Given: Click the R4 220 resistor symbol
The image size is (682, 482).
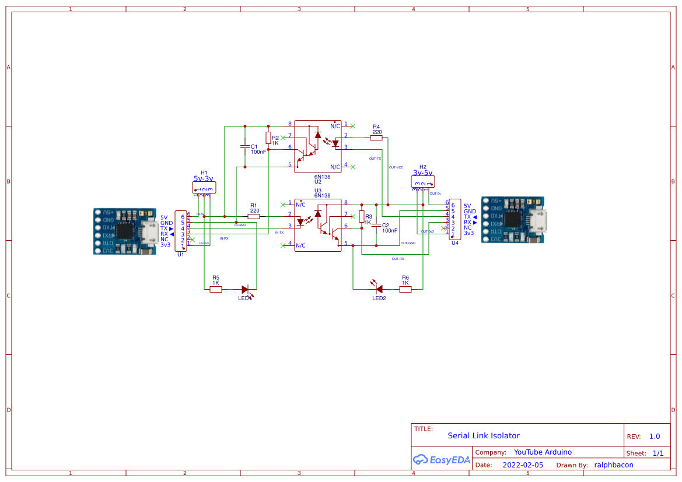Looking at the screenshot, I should (376, 138).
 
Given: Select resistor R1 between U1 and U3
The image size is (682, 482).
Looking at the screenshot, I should (254, 216).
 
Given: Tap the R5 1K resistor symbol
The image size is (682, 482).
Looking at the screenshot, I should (216, 289).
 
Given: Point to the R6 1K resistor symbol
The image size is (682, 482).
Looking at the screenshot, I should (405, 289).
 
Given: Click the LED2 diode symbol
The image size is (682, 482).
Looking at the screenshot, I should (378, 288).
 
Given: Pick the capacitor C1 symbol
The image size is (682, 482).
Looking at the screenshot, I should (245, 146).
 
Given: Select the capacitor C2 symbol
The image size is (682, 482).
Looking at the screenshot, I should (376, 225).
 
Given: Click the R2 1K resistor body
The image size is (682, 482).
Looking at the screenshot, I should (268, 138).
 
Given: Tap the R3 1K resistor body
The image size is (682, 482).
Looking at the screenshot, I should (362, 217).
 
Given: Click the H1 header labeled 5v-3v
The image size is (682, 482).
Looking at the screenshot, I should (204, 187).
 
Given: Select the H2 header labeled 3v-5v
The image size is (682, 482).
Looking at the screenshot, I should (423, 182).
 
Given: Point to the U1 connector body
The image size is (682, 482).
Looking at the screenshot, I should (181, 231).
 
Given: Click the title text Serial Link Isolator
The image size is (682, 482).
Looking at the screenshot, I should (483, 435).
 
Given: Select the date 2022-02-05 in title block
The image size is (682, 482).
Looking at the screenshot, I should (523, 465).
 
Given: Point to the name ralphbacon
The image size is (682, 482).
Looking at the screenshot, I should (613, 465).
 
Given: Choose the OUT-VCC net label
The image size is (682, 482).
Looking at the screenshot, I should (396, 167).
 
